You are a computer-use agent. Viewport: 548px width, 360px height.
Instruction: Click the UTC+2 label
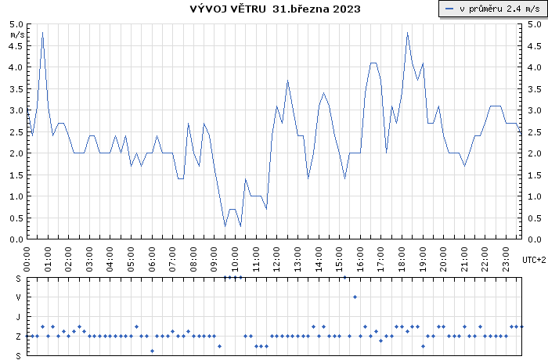(534, 259)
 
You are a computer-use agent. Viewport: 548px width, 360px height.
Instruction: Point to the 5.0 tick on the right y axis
(534, 24)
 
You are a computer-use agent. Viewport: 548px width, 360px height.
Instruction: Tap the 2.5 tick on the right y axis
(534, 131)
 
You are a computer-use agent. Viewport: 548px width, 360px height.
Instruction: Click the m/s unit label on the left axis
(16, 35)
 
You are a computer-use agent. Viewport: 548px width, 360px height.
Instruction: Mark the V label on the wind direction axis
(18, 297)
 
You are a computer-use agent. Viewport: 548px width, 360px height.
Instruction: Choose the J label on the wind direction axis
(18, 316)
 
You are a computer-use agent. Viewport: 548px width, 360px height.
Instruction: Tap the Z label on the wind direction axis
(18, 336)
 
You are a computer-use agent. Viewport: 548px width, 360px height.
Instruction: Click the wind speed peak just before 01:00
(42, 33)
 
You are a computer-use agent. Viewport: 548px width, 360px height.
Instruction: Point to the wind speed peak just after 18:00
(407, 33)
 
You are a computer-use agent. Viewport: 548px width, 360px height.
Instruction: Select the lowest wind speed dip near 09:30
(225, 226)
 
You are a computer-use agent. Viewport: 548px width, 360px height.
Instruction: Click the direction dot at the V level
(355, 297)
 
